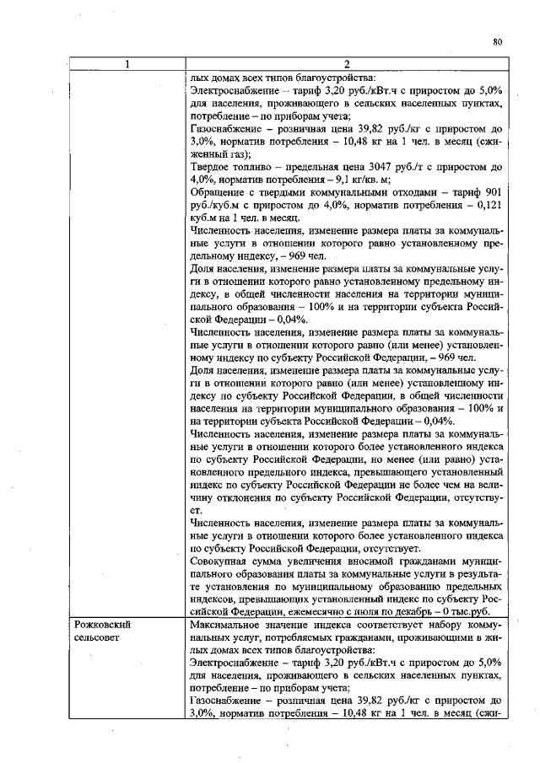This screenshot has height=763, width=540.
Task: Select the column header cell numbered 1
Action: click(x=127, y=64)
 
